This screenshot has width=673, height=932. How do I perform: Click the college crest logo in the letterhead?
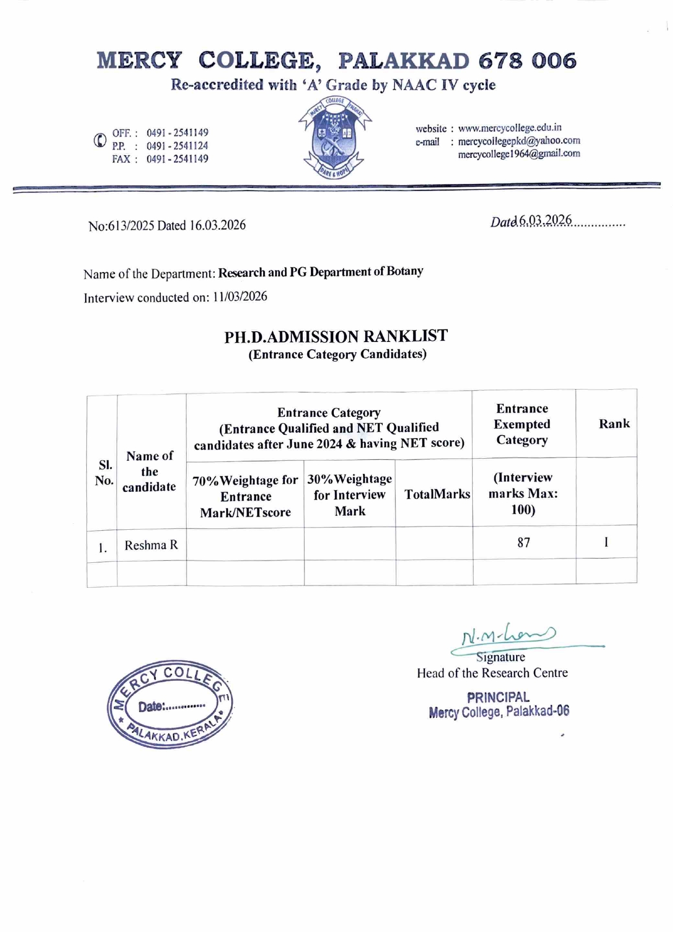tap(334, 138)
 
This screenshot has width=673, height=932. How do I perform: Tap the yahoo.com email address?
tap(518, 141)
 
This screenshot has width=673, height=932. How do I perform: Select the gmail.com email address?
tap(518, 154)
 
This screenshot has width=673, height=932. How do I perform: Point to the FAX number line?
tap(160, 159)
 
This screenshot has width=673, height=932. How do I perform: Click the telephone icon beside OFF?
tap(100, 141)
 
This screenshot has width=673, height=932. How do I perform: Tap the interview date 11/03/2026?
tap(239, 297)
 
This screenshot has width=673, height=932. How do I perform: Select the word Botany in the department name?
tap(404, 271)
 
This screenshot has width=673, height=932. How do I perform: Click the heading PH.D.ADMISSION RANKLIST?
tap(336, 337)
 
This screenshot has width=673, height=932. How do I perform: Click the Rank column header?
tap(614, 424)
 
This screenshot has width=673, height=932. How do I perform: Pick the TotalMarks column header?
tap(437, 494)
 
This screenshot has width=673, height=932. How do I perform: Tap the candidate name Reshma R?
tap(151, 546)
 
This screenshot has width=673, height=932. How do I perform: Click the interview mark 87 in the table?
tap(523, 543)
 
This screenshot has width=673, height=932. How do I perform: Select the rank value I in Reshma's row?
tap(606, 542)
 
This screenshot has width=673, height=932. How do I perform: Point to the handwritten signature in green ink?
tap(508, 635)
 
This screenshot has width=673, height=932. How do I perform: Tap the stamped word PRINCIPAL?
tap(498, 698)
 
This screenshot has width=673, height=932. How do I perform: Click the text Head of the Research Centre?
tap(492, 673)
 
